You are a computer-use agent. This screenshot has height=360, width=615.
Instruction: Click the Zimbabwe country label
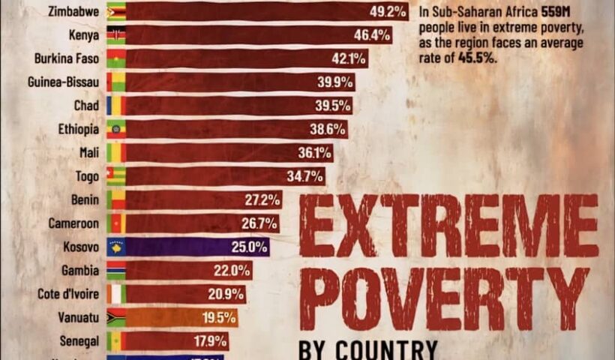[x=73, y=11]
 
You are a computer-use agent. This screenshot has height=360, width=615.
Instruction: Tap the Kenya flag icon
[x=115, y=34]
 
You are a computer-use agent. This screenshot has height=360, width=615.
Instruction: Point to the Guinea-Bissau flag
[x=115, y=82]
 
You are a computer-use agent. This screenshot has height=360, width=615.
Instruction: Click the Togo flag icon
[x=115, y=176]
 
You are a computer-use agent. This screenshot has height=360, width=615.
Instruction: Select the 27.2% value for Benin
[x=262, y=199]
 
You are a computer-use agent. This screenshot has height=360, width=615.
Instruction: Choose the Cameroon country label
[x=73, y=223]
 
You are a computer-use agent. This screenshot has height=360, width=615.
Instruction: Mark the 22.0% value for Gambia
[x=233, y=270]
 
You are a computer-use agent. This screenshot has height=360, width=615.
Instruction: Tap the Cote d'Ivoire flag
[x=115, y=294]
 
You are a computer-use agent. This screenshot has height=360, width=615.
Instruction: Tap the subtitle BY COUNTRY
[x=367, y=349]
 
